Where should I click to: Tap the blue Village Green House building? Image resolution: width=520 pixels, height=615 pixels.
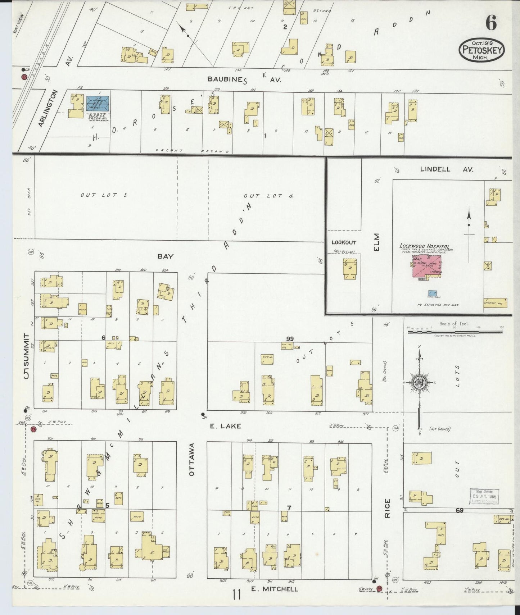(x=98, y=103)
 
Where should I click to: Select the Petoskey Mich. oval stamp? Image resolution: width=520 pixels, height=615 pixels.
(x=481, y=51)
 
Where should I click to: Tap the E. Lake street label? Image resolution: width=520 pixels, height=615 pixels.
(x=226, y=426)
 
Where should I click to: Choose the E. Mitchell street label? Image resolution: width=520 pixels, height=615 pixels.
(x=274, y=588)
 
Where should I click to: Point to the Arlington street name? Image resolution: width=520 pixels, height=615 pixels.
(x=48, y=108)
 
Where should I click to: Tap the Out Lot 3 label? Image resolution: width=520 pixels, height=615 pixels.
(x=104, y=195)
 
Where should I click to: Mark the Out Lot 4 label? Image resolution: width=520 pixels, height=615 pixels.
(x=268, y=196)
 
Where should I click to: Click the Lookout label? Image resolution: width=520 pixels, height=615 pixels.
(x=344, y=242)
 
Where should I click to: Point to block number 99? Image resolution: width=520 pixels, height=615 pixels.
(x=290, y=338)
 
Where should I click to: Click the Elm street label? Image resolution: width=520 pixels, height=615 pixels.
(x=377, y=242)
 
